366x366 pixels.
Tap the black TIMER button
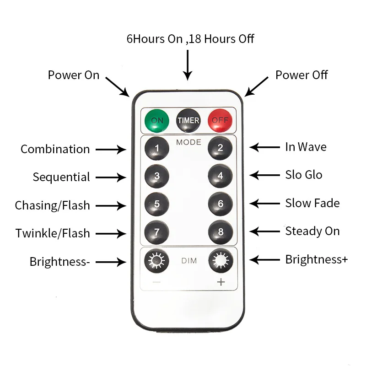click(x=188, y=120)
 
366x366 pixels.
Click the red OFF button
click(x=220, y=120)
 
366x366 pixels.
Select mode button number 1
click(x=157, y=148)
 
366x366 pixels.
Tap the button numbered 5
click(x=157, y=204)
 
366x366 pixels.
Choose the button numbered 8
click(x=220, y=232)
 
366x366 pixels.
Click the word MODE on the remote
click(x=188, y=142)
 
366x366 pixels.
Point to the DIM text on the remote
click(x=188, y=261)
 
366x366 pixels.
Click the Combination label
click(x=55, y=149)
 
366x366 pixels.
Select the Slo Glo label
click(x=304, y=175)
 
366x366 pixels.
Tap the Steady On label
click(x=312, y=231)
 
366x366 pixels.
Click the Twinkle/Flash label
click(x=53, y=233)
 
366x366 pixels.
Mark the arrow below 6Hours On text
click(x=187, y=66)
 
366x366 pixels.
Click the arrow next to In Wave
click(x=265, y=147)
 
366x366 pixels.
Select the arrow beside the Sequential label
click(x=110, y=177)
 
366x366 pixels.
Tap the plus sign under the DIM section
click(x=221, y=282)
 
